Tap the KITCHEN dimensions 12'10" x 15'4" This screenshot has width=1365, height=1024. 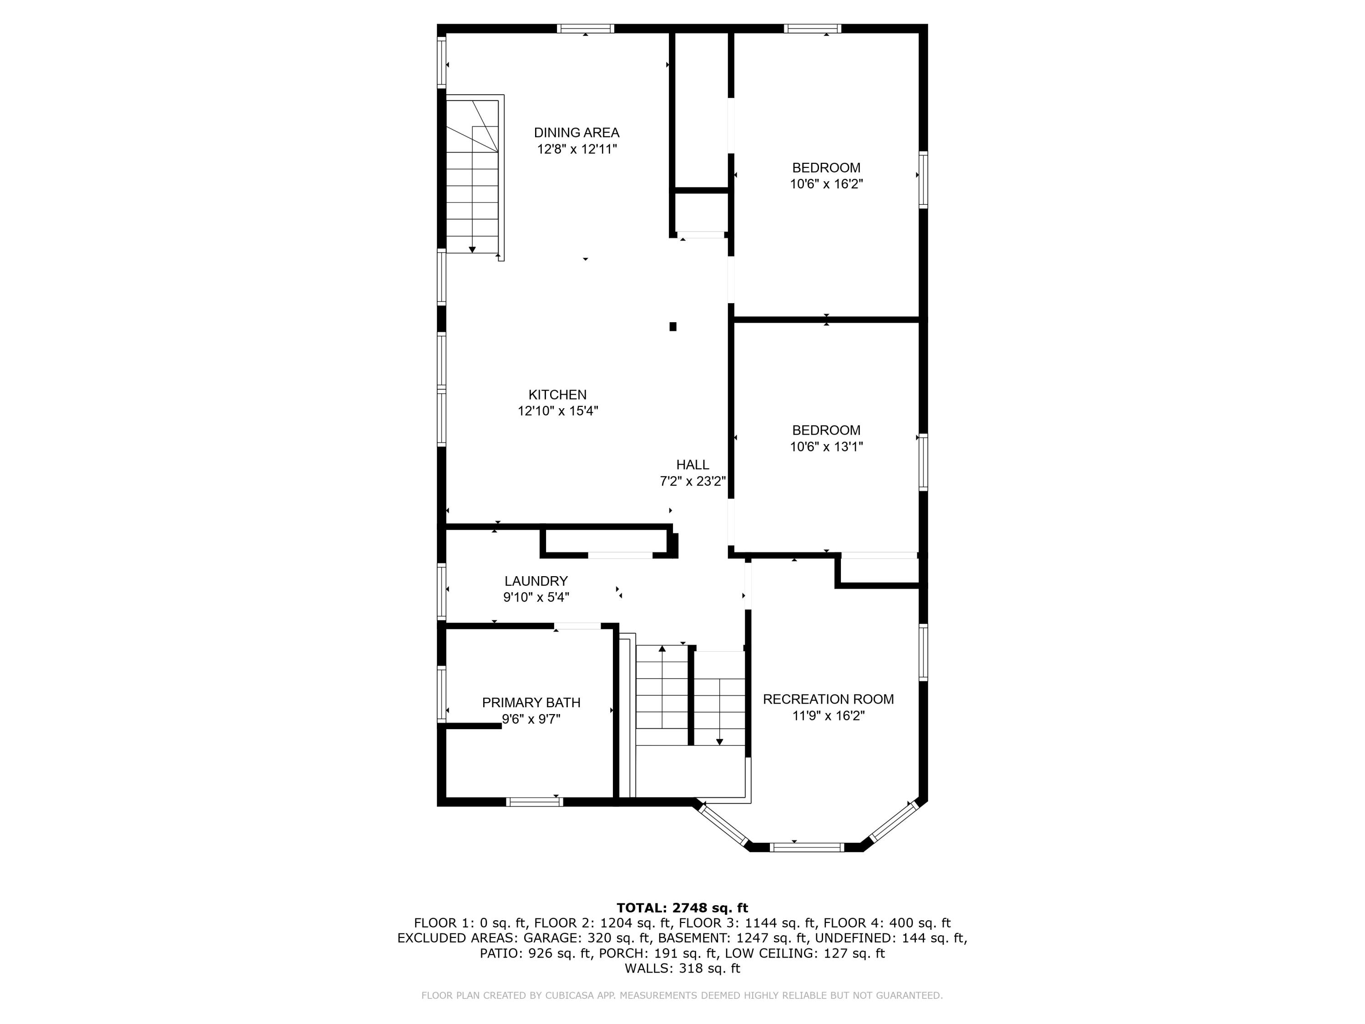point(558,411)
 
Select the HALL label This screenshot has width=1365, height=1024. point(693,465)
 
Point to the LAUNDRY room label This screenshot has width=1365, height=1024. point(536,581)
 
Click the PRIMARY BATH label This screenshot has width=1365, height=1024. point(531,702)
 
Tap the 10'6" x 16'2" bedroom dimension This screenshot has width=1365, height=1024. point(826,184)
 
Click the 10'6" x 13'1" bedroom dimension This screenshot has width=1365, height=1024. point(826,447)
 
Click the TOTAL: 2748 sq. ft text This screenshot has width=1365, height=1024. point(682,908)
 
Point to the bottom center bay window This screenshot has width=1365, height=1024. point(807,847)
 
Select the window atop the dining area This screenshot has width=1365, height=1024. point(585,28)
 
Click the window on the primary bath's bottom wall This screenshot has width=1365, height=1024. point(535,802)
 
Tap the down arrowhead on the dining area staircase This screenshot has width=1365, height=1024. point(472,249)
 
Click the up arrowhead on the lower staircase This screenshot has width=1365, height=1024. point(662,649)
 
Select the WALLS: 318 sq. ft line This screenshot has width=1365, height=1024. point(682,968)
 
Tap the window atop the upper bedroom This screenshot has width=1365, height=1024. point(812,28)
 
